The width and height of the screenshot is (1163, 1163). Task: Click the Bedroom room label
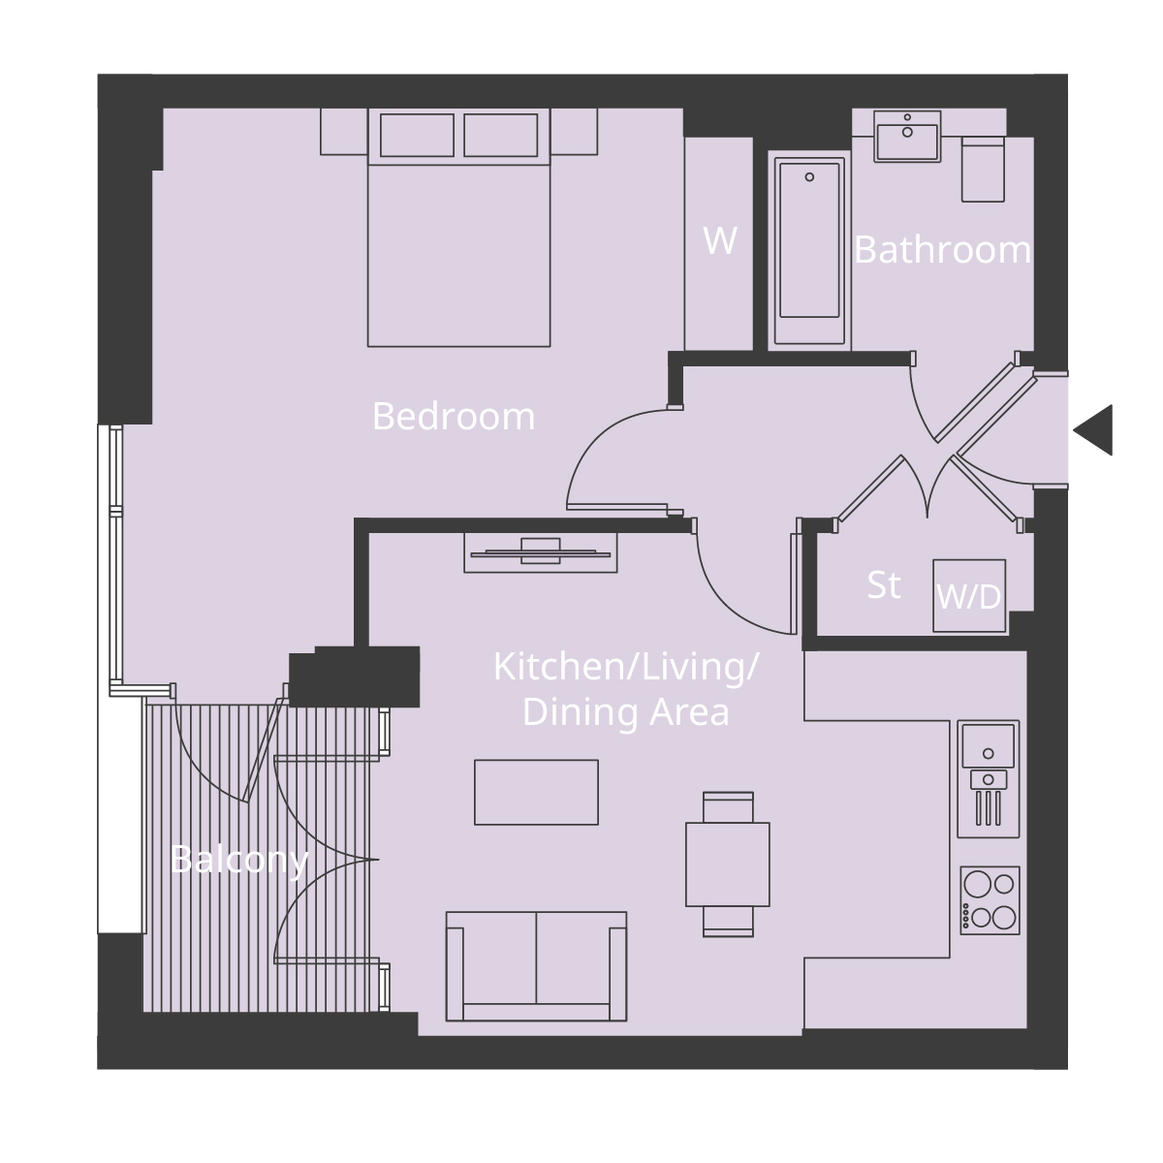pyautogui.click(x=453, y=417)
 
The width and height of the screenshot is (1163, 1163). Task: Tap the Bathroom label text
pyautogui.click(x=942, y=250)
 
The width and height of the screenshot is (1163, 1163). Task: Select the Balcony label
pyautogui.click(x=238, y=859)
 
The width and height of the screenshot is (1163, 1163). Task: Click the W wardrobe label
pyautogui.click(x=719, y=240)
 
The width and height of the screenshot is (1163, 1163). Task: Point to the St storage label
pyautogui.click(x=883, y=585)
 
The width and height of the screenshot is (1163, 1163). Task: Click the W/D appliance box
pyautogui.click(x=968, y=596)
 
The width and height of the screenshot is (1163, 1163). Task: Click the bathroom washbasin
pyautogui.click(x=907, y=137)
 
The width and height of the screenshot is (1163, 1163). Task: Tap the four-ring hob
pyautogui.click(x=990, y=900)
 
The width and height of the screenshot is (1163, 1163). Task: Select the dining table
pyautogui.click(x=727, y=864)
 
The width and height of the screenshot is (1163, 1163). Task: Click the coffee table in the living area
pyautogui.click(x=536, y=792)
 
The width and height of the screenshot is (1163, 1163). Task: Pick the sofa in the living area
pyautogui.click(x=535, y=965)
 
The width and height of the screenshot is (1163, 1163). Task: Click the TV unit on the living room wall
pyautogui.click(x=541, y=552)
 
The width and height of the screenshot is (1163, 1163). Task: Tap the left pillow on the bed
pyautogui.click(x=417, y=135)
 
